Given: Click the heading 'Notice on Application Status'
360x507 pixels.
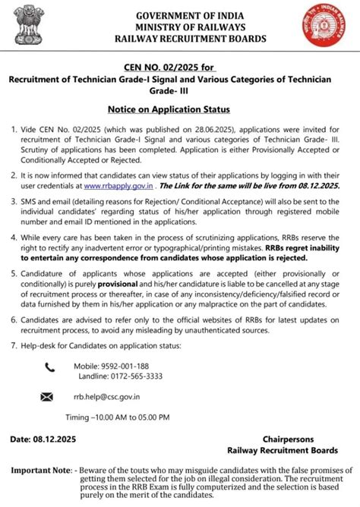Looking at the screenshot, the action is [x=179, y=109].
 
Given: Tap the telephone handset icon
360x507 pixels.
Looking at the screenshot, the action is [x=49, y=367].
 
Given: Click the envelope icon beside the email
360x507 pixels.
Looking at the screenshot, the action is [x=48, y=396].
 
